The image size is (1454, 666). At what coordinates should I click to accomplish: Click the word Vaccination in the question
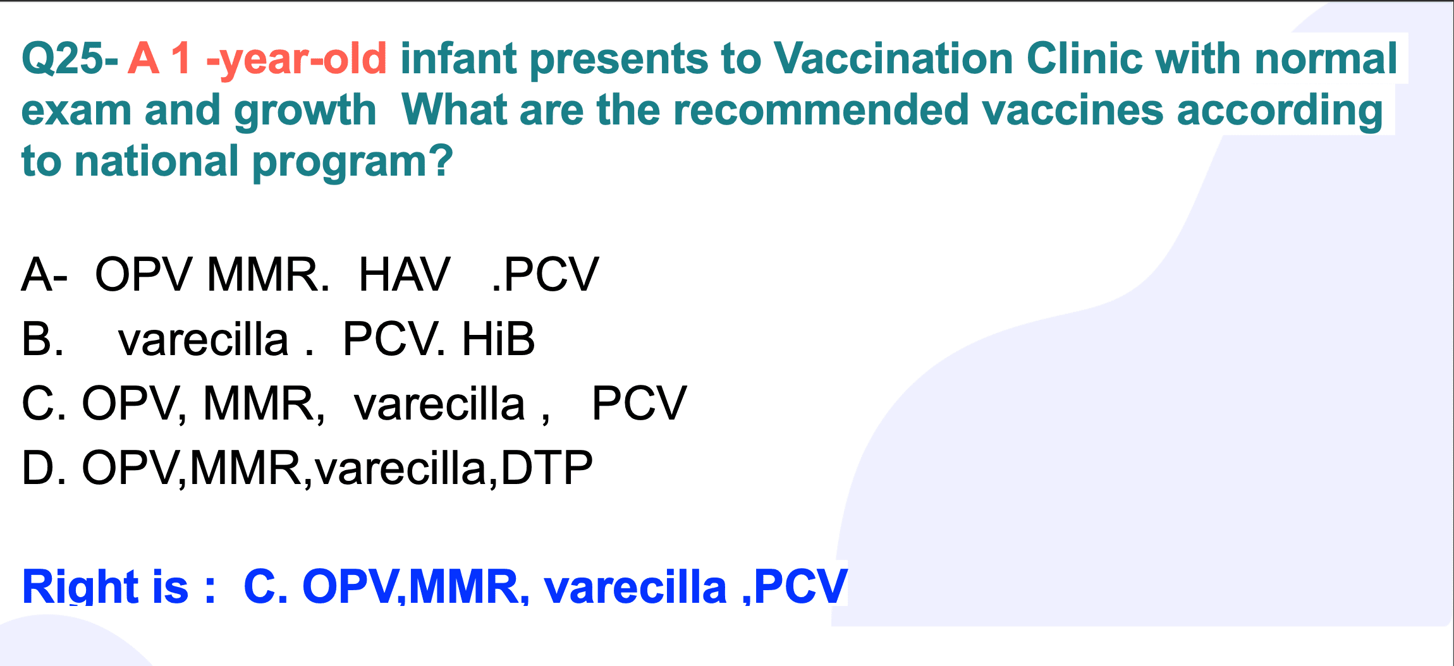pos(893,59)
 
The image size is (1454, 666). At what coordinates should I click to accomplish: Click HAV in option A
pos(405,274)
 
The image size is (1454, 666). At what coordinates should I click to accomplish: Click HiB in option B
pos(498,339)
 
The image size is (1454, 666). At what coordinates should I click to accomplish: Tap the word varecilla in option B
pos(203,339)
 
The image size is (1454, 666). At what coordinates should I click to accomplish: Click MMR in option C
pos(264,404)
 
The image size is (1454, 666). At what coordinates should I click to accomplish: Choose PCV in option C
pos(638,403)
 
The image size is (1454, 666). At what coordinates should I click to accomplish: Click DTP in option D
pos(547,468)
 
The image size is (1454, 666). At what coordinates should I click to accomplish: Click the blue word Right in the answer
pos(80,586)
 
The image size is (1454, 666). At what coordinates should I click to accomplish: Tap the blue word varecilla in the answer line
pos(635,587)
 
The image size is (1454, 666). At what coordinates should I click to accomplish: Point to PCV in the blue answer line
pos(800,586)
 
